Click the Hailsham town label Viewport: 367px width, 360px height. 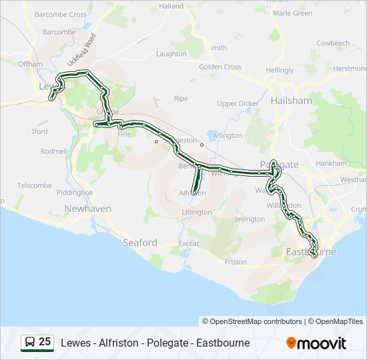click(x=292, y=100)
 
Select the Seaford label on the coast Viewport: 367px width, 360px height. click(x=140, y=243)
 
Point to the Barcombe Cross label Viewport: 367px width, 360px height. click(x=61, y=14)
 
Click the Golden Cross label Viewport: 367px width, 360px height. click(x=220, y=67)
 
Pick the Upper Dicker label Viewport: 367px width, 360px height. click(x=238, y=103)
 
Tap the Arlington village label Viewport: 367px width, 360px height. click(x=227, y=135)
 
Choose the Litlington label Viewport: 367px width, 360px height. click(x=197, y=212)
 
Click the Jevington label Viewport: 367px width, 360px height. click(x=250, y=219)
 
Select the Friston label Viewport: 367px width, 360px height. click(x=236, y=262)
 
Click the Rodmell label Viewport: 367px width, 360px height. click(x=54, y=151)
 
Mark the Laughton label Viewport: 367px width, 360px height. click(x=171, y=54)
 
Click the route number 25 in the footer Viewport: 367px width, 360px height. click(x=45, y=342)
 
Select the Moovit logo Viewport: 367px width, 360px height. click(x=316, y=343)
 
